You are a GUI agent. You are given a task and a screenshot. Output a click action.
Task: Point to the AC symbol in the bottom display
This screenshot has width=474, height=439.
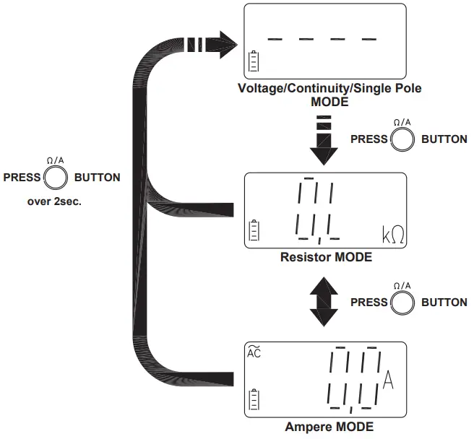(x=254, y=354)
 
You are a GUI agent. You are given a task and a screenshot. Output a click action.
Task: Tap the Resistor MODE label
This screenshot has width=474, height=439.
(x=326, y=258)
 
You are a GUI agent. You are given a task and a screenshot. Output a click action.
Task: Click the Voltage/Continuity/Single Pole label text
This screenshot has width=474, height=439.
(x=329, y=89)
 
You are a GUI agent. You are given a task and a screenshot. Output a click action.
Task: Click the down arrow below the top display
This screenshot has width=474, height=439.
(x=324, y=142)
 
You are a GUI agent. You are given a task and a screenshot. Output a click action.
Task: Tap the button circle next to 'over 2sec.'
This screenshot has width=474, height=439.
(x=56, y=177)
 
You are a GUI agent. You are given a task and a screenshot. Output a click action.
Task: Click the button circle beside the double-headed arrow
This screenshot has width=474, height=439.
(x=402, y=303)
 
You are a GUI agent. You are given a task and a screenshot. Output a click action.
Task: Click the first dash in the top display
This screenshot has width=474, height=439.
(x=275, y=38)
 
